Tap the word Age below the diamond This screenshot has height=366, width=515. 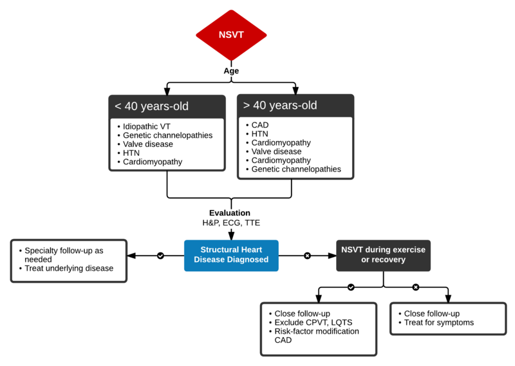tap(231, 71)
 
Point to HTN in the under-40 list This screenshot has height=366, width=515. tap(133, 153)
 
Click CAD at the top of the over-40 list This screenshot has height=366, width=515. tap(260, 124)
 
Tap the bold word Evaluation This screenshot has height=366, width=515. tap(230, 213)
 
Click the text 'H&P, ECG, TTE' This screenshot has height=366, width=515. tap(231, 223)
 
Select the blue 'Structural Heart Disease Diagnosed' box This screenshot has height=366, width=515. tap(231, 256)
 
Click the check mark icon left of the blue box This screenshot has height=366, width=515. tap(160, 256)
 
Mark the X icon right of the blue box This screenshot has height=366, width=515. tap(307, 256)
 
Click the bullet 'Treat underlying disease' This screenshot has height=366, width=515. tap(69, 268)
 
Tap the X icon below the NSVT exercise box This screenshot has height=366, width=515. tap(415, 287)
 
